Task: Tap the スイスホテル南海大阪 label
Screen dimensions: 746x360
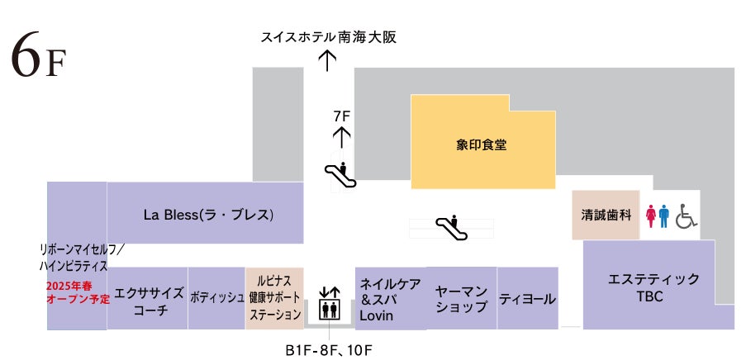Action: (x=323, y=38)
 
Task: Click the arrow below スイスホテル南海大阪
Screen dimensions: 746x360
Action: (x=328, y=61)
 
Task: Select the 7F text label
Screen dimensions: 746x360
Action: (x=342, y=116)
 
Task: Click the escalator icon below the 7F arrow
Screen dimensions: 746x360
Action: (x=340, y=173)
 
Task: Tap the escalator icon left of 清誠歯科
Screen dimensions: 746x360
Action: (x=450, y=228)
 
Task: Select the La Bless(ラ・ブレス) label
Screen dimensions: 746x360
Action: (x=208, y=216)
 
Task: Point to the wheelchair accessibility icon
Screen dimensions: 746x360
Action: (x=686, y=216)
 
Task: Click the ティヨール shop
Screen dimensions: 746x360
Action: (x=527, y=299)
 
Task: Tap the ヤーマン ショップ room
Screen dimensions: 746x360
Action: (x=461, y=298)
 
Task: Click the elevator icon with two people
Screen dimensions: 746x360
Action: (x=329, y=310)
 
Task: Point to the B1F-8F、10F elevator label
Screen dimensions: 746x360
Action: (x=327, y=349)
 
